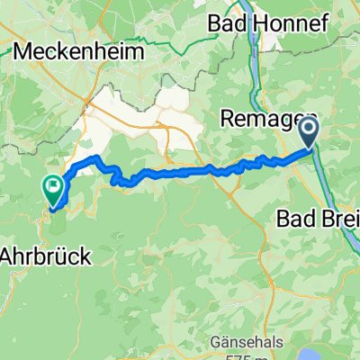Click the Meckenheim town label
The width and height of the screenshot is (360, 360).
tap(78, 52)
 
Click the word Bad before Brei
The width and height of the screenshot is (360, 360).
tap(290, 219)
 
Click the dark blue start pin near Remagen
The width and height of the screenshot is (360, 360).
tap(308, 133)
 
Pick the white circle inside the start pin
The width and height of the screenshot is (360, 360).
tap(308, 131)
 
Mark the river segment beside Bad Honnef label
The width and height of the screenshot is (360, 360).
tap(260, 45)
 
